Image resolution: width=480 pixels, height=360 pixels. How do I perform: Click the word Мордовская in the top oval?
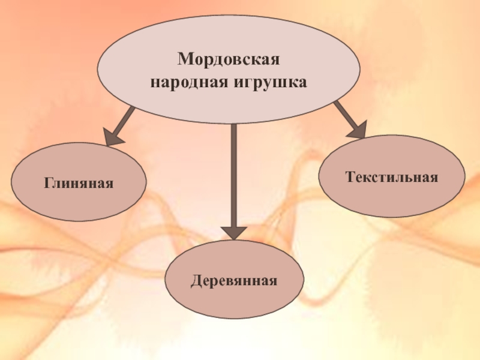229,60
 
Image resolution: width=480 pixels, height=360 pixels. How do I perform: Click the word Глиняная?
78,182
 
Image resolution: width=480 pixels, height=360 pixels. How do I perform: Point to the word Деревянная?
234,280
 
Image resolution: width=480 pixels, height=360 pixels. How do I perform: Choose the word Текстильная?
391,177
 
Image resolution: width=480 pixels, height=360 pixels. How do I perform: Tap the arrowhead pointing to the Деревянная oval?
234,232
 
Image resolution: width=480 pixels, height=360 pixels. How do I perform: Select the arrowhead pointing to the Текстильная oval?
358,128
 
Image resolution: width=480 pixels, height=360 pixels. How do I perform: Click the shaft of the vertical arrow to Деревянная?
234,174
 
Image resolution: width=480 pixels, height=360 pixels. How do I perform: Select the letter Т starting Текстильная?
349,177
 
